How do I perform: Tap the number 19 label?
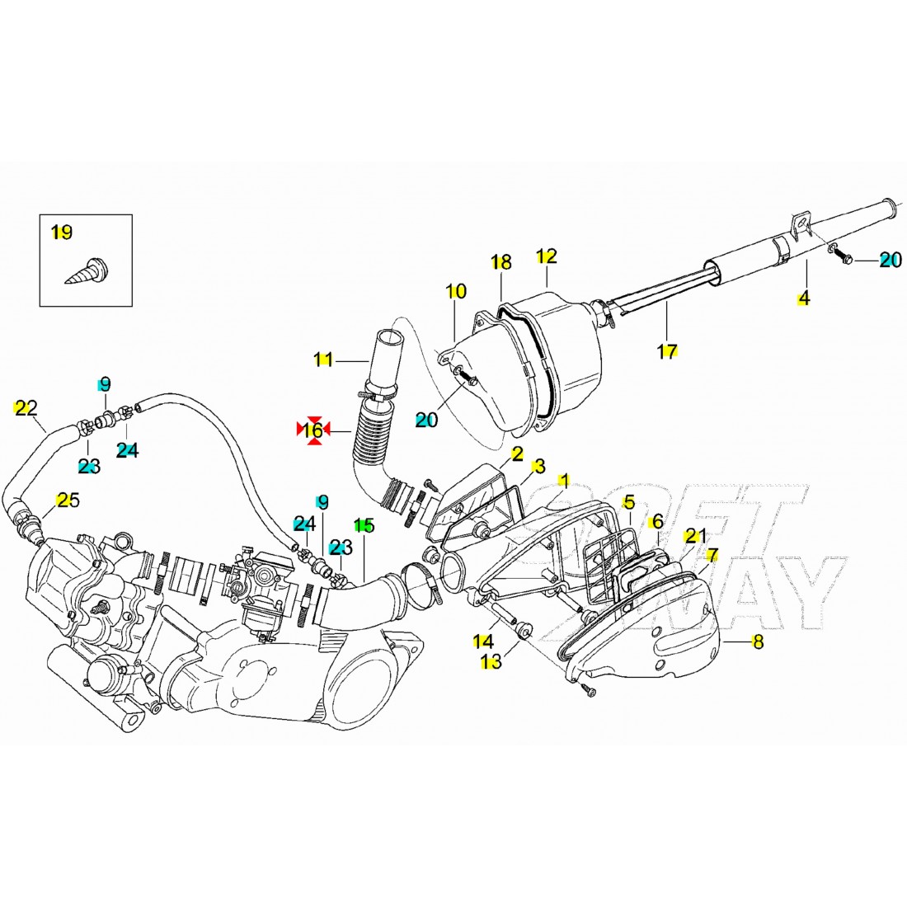(x=61, y=233)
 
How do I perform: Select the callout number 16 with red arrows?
(x=313, y=430)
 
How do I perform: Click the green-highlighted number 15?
(x=364, y=525)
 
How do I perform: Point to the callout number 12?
(x=547, y=256)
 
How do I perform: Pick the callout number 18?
(x=500, y=262)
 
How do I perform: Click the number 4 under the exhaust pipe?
(x=803, y=298)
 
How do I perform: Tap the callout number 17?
(x=667, y=351)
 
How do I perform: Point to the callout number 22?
(x=26, y=407)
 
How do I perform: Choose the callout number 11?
(x=322, y=359)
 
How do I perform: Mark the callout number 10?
(x=456, y=291)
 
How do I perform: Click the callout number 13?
(x=491, y=661)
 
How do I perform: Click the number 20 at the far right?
(x=890, y=260)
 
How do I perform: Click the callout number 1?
(x=564, y=479)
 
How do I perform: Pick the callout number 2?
(x=517, y=453)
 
